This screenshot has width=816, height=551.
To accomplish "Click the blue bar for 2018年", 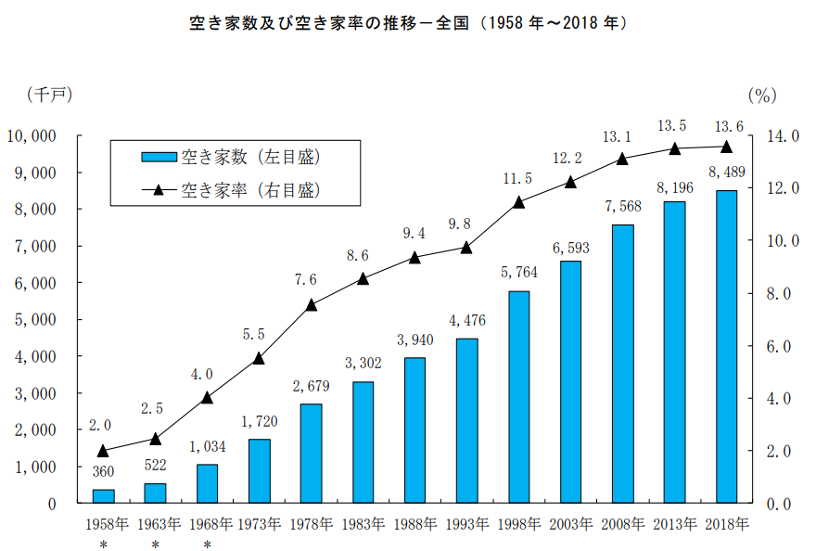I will tap(726, 347).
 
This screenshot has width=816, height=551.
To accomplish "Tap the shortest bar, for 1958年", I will tap(104, 496).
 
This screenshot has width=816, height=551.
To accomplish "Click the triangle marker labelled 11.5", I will tap(518, 201).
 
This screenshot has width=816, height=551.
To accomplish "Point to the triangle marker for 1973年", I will tap(260, 358).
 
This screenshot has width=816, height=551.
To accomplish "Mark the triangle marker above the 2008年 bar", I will tap(622, 159).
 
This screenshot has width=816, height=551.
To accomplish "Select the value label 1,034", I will tap(208, 446).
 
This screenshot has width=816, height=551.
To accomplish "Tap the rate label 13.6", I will tap(726, 126).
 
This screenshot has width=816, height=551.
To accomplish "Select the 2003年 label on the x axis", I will tap(570, 524).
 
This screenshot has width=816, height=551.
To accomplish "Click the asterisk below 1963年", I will tap(156, 544).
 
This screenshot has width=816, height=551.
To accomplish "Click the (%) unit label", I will tap(761, 95).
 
